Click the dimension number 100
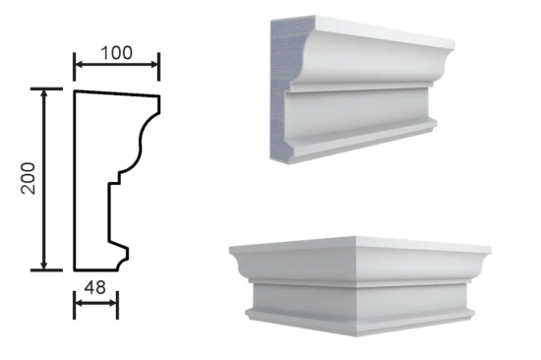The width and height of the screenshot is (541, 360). coord(117,53)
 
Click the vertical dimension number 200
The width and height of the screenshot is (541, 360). coord(29,178)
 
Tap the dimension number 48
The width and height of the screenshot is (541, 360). coord(94,287)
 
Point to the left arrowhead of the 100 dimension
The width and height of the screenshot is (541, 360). coord(80,64)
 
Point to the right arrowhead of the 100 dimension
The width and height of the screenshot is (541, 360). coord(153,64)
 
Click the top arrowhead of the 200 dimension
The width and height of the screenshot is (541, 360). coord(44,93)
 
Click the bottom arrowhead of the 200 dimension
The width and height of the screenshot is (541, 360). coord(44,265)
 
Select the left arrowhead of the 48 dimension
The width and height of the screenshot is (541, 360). coord(80,303)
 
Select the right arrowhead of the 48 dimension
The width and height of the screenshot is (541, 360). coord(113,303)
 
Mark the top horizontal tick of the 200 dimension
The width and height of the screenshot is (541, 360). coord(46,89)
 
